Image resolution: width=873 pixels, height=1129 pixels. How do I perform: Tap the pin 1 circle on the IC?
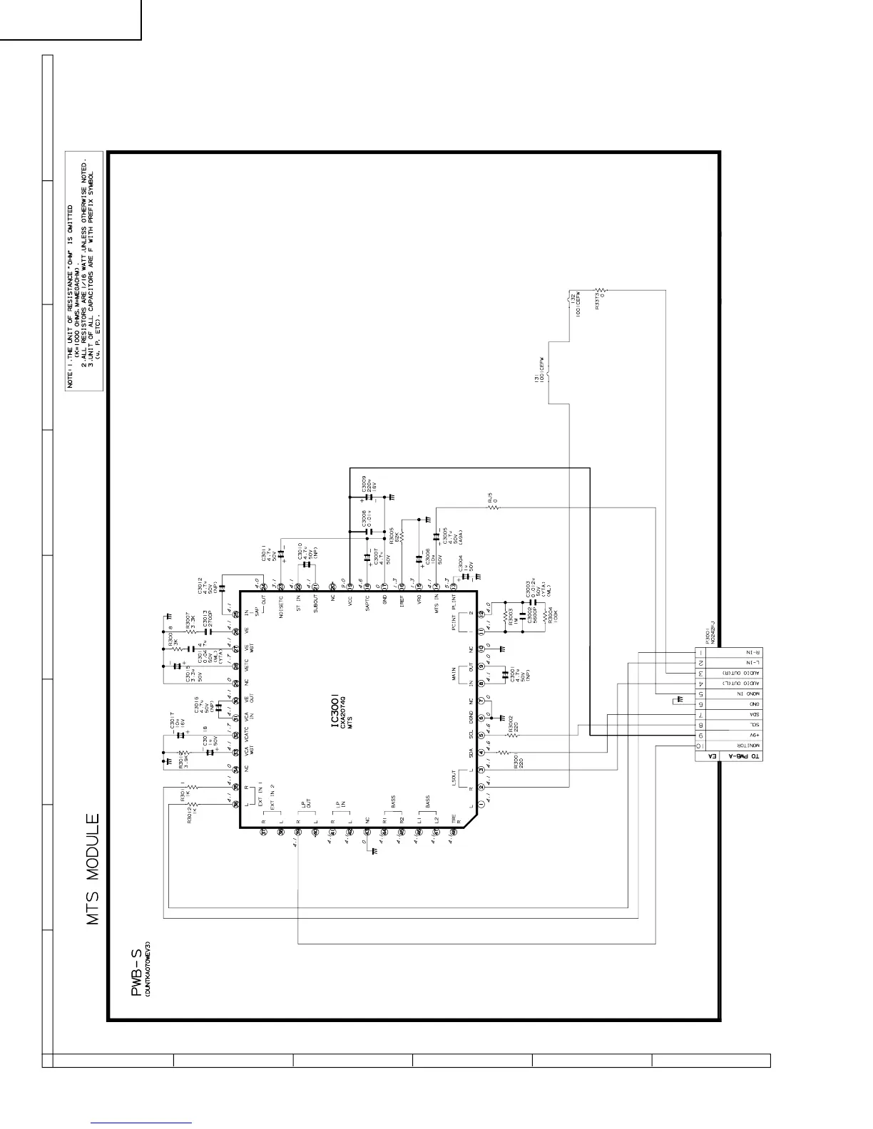(x=481, y=805)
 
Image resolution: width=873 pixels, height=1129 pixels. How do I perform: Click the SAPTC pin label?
(x=367, y=602)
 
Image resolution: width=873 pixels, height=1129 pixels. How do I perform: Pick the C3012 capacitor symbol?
(x=222, y=588)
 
